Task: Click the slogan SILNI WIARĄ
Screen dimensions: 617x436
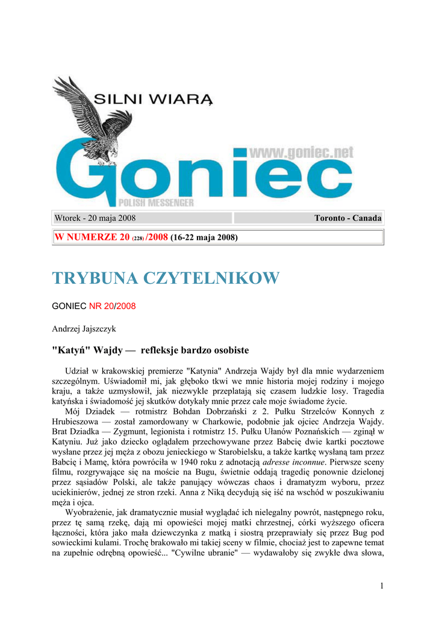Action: [154, 98]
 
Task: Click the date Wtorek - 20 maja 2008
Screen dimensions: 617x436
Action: [95, 218]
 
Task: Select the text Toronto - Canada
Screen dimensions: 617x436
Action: [347, 218]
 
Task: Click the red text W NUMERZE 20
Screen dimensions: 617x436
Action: [92, 237]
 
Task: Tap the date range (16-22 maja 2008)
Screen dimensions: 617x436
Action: [204, 237]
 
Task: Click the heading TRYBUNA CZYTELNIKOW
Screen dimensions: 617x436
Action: [166, 278]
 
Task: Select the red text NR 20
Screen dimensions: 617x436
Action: [101, 306]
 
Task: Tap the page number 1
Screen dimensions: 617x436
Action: [382, 586]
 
